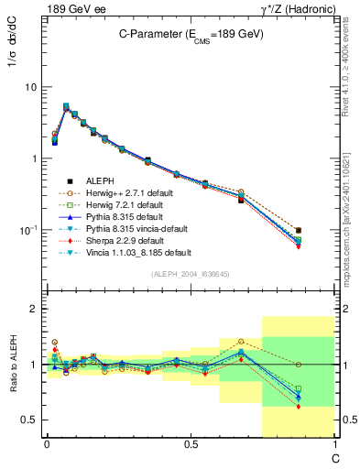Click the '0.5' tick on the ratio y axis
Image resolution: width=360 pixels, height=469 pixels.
click(28, 420)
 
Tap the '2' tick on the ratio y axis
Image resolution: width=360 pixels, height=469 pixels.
click(33, 310)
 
